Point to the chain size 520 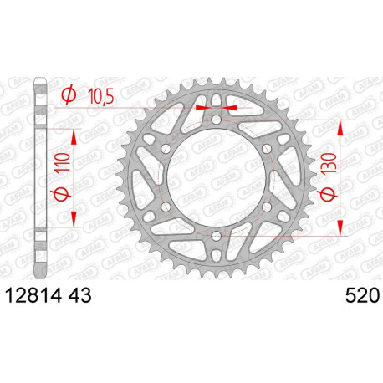(x=360, y=295)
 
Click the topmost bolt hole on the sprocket (x=216, y=120)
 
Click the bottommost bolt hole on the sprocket (x=216, y=237)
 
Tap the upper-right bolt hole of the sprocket (x=266, y=150)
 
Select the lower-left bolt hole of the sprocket (x=166, y=208)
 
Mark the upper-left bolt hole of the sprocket (x=166, y=150)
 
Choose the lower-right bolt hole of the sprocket (x=266, y=208)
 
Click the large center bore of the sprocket (x=216, y=179)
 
